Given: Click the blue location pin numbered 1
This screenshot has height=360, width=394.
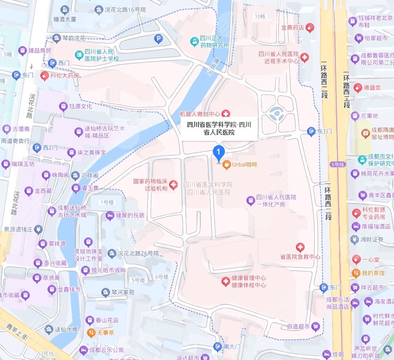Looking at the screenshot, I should [219, 153].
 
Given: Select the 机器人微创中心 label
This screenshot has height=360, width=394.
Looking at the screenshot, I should [199, 114].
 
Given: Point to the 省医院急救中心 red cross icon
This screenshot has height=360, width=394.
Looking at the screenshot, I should [300, 248].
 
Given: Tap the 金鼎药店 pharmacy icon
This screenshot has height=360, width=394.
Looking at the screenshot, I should [311, 27].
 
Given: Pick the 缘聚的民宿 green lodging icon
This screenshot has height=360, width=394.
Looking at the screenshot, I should [110, 215].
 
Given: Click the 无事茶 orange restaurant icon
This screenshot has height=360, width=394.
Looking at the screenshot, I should [90, 332].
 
